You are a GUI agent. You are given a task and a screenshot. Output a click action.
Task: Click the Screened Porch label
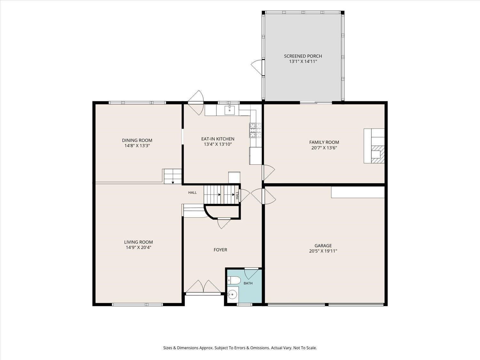(x=303, y=56)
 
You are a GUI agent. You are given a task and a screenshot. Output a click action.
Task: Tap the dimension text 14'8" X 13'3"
(x=137, y=146)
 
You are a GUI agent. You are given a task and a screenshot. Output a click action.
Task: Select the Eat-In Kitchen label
(x=218, y=139)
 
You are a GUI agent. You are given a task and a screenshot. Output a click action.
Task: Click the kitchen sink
(x=230, y=110)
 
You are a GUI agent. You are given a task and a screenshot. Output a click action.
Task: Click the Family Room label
(x=324, y=142)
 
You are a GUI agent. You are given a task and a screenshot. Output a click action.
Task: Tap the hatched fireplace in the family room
(x=378, y=154)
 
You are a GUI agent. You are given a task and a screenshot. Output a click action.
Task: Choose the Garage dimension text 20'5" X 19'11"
(x=323, y=251)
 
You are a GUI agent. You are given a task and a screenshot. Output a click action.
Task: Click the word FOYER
(x=220, y=250)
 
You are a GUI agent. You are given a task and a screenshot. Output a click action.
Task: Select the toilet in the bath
(x=234, y=280)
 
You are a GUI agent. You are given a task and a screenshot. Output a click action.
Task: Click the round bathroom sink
(x=232, y=295)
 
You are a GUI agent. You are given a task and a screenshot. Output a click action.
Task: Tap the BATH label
(x=248, y=283)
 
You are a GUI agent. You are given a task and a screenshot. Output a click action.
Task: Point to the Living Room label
(x=139, y=242)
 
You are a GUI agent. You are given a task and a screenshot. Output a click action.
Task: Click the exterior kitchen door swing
(x=196, y=102)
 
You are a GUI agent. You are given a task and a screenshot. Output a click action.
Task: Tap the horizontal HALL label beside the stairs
(x=192, y=193)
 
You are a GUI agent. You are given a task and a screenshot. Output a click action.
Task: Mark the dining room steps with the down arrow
(x=173, y=176)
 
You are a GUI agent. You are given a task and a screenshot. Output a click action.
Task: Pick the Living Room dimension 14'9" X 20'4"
(x=139, y=247)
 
